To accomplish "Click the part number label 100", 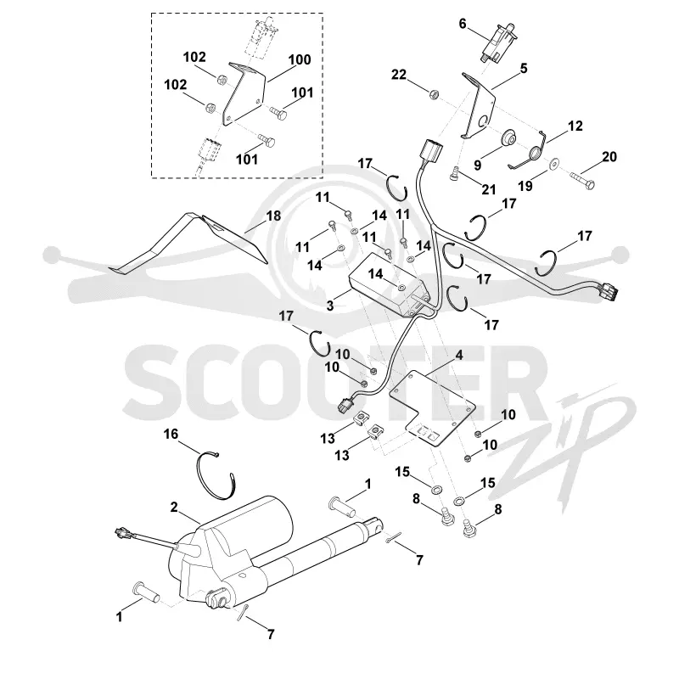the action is (300, 59).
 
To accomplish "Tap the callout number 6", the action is (463, 24).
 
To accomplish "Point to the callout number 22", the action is (399, 75).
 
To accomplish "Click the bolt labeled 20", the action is (581, 179).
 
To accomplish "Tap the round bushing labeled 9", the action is (508, 139).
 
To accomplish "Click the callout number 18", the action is (273, 216).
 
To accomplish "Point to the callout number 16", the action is (171, 434).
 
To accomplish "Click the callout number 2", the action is (174, 507).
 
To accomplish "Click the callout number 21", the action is (489, 189).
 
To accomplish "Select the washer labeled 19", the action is (553, 165).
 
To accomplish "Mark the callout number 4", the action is (459, 356).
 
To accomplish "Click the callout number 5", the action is (524, 68).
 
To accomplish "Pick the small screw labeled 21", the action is (454, 175).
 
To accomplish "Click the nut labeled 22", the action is (432, 93).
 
